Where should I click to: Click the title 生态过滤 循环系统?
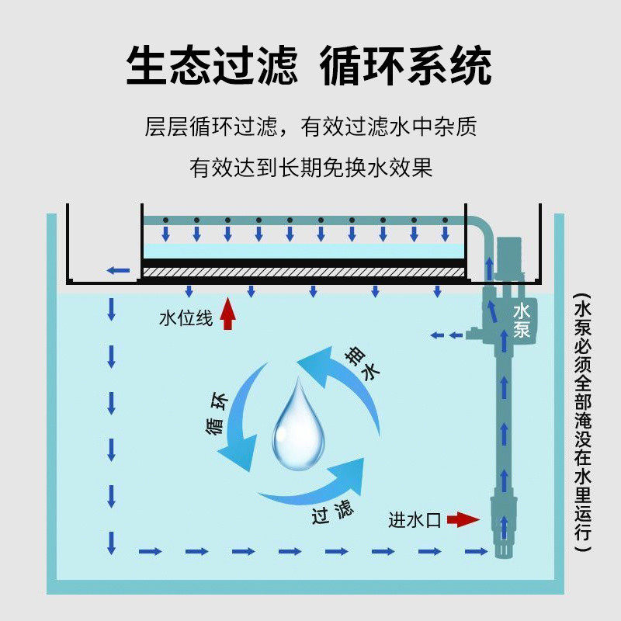tap(309, 66)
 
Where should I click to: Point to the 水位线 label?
tap(185, 318)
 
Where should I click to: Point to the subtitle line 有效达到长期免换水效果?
tap(310, 168)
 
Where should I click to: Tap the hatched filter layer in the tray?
tap(304, 272)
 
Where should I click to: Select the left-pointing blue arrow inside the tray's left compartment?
tap(118, 270)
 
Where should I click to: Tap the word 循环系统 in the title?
tap(406, 66)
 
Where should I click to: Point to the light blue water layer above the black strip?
tap(304, 251)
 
